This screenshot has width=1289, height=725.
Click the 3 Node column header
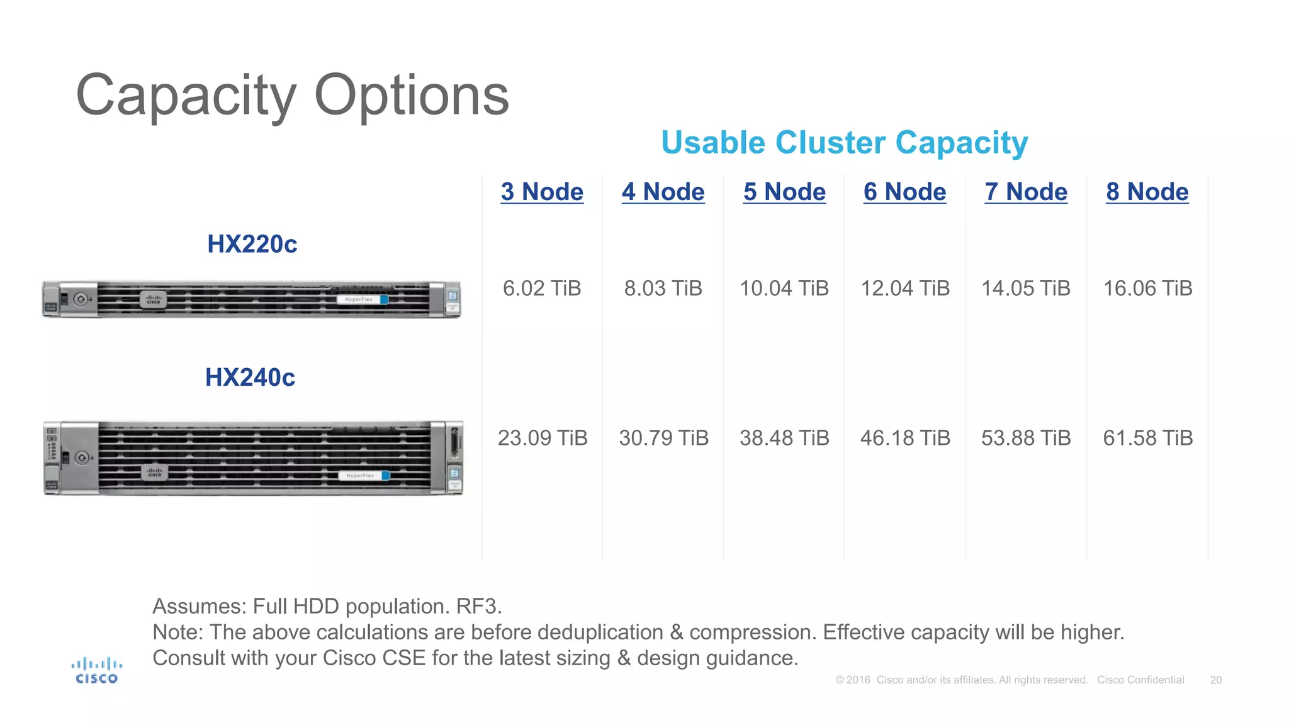[542, 192]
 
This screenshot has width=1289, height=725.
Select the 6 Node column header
[904, 192]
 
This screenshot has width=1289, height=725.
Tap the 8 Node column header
[1147, 192]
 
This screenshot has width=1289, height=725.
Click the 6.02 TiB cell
[541, 288]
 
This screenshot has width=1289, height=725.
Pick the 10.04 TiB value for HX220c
[784, 288]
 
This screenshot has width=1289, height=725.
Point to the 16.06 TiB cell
[1147, 288]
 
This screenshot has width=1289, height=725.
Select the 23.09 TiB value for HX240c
[542, 438]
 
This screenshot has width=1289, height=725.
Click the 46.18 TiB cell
[904, 438]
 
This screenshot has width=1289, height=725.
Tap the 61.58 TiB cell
[1147, 438]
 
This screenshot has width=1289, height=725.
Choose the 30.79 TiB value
[663, 438]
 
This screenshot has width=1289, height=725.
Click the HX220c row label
[252, 244]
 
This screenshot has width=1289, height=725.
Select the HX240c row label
[250, 378]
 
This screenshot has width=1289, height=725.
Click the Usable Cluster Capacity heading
[844, 143]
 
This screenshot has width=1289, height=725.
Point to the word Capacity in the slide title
[186, 96]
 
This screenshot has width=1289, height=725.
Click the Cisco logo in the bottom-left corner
[96, 671]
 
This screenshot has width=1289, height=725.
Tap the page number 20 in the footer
[1215, 680]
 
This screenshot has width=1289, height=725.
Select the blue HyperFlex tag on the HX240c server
[364, 476]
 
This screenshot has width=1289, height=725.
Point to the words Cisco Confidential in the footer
[1140, 680]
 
